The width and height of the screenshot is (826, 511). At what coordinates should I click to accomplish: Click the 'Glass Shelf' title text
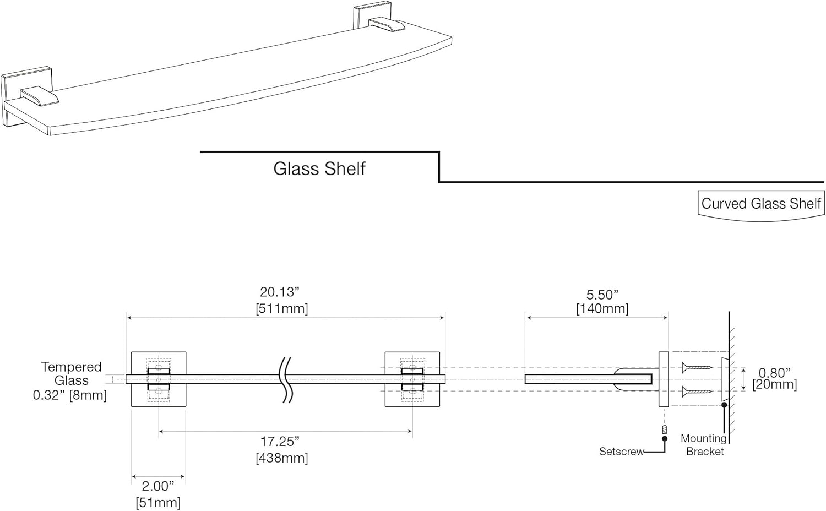319,168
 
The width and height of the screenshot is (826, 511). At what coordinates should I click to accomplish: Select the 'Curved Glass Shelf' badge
761,204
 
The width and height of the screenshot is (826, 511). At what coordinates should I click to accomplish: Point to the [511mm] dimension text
281,308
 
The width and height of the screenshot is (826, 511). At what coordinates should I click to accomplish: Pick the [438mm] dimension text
281,458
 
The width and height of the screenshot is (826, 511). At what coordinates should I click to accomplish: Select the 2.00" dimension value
158,486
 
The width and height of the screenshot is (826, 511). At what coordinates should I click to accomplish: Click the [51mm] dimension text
158,502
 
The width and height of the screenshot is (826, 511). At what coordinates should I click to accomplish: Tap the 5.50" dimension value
602,295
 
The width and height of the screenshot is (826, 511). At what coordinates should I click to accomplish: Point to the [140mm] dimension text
602,308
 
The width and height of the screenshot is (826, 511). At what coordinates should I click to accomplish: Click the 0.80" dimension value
774,373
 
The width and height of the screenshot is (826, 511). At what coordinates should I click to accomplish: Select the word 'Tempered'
71,367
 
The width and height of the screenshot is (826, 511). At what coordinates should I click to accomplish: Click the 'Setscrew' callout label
621,452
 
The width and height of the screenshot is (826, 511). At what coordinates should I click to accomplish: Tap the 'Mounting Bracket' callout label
704,445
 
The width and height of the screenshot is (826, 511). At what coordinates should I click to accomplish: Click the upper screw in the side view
697,367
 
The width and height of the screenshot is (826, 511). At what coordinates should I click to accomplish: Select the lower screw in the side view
697,392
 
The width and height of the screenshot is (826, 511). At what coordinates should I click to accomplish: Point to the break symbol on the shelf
286,379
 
